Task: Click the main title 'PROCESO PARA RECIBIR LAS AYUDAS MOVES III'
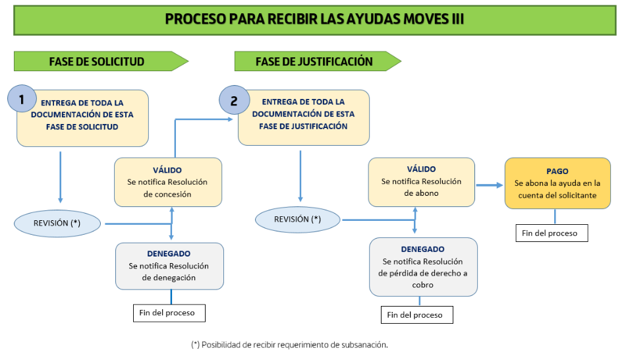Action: [314, 19]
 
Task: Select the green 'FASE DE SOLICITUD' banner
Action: [97, 62]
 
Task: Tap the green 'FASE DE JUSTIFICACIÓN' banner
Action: [314, 62]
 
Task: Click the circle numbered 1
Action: [22, 100]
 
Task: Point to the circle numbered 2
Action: [235, 101]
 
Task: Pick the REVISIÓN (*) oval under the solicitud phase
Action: [57, 224]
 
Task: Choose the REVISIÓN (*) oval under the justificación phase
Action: [298, 219]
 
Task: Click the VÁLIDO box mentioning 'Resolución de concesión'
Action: [167, 182]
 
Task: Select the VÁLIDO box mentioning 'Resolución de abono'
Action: [421, 181]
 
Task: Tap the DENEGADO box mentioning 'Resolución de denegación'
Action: [169, 266]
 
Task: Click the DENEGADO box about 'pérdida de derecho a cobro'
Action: [423, 267]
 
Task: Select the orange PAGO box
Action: [557, 183]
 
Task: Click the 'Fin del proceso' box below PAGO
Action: [551, 233]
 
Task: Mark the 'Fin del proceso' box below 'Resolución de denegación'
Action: [168, 313]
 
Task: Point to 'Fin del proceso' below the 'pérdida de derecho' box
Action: [416, 315]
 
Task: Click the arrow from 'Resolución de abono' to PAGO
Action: [489, 185]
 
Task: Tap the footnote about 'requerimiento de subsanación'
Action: [289, 344]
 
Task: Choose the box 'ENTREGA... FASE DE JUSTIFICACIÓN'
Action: [303, 117]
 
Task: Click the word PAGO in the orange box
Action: [557, 171]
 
